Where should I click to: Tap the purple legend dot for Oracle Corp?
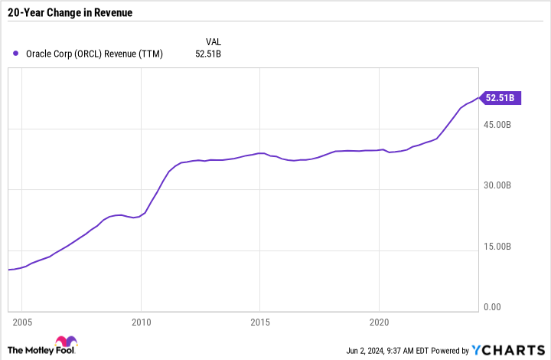(16, 54)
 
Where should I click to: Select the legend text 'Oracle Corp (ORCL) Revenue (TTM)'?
(98, 54)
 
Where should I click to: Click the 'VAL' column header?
(214, 41)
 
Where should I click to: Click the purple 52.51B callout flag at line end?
(501, 97)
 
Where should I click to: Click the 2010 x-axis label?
(141, 322)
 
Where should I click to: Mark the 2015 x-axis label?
(260, 322)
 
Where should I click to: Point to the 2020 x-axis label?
(380, 322)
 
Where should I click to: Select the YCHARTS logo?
(509, 349)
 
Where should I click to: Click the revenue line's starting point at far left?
(8, 270)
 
